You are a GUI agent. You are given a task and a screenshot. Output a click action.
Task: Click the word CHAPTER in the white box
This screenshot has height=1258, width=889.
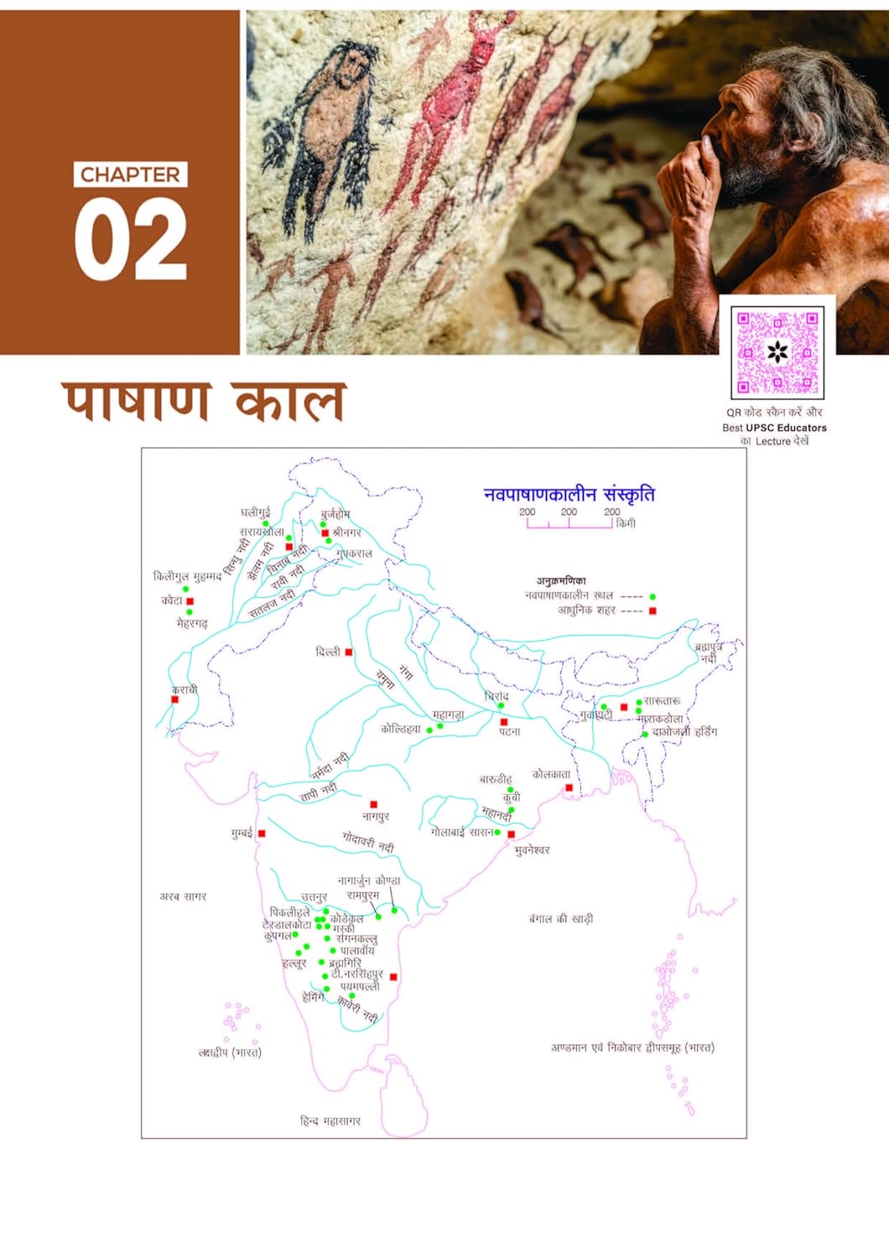(x=130, y=174)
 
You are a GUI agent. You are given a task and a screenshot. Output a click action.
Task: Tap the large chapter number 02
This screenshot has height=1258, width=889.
(x=130, y=241)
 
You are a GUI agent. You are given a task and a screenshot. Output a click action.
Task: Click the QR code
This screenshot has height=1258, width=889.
(x=777, y=352)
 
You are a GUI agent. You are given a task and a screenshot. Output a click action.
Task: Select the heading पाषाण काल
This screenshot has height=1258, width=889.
(x=204, y=403)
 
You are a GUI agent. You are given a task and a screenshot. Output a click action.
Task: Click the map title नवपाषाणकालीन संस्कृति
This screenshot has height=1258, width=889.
(x=569, y=495)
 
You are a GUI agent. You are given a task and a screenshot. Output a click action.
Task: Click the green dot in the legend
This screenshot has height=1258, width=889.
(x=652, y=596)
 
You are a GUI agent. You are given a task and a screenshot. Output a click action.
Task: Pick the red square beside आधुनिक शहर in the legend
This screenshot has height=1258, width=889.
(x=652, y=611)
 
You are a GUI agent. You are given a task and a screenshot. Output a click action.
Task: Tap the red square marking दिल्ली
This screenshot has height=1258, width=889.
(x=349, y=652)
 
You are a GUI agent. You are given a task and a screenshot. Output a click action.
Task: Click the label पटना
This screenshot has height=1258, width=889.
(x=510, y=732)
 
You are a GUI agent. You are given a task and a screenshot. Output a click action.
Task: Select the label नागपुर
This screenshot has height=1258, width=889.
(x=376, y=816)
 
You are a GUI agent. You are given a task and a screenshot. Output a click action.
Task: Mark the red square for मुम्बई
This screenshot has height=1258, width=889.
(x=262, y=834)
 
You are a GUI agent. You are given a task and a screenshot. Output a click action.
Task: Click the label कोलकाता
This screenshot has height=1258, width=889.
(x=551, y=774)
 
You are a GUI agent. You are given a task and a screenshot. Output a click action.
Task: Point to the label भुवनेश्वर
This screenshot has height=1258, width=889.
(x=532, y=850)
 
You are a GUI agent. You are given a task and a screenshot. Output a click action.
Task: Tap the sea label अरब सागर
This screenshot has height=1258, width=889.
(x=183, y=897)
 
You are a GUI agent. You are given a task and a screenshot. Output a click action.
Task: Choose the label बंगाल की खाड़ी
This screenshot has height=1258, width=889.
(x=561, y=919)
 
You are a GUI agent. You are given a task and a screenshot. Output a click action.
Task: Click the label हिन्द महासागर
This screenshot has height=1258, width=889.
(x=330, y=1120)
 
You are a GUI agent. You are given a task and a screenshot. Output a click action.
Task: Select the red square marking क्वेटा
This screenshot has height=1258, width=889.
(x=190, y=601)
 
